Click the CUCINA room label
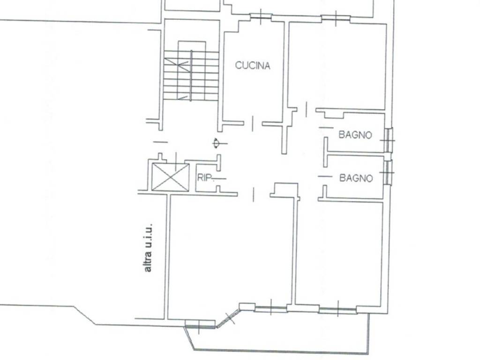coord(253,66)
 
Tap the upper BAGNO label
coord(355,135)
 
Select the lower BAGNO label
coord(356,178)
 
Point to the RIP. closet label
coord(204,177)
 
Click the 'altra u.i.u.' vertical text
coord(148,248)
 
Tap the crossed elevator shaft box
coord(171,177)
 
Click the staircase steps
coord(191,75)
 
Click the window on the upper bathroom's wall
coord(388,140)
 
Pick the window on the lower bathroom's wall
coord(388,172)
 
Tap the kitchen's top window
coord(261,16)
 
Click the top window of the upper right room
coord(336,18)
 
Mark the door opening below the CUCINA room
coord(252,124)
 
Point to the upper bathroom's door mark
coord(326,127)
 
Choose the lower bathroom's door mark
coord(325,176)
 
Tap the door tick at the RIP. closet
coord(220,179)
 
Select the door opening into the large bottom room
coord(253,195)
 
